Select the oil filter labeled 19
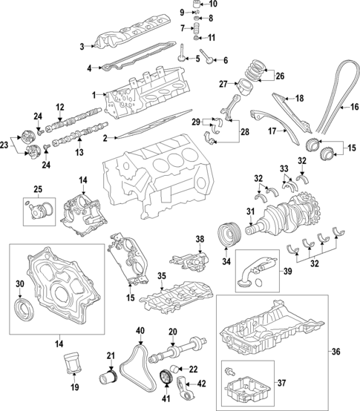tap(72, 365)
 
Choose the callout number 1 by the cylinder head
tap(94, 95)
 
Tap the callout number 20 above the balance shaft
tap(172, 332)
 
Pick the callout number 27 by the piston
tap(223, 84)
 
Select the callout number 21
tap(111, 355)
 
